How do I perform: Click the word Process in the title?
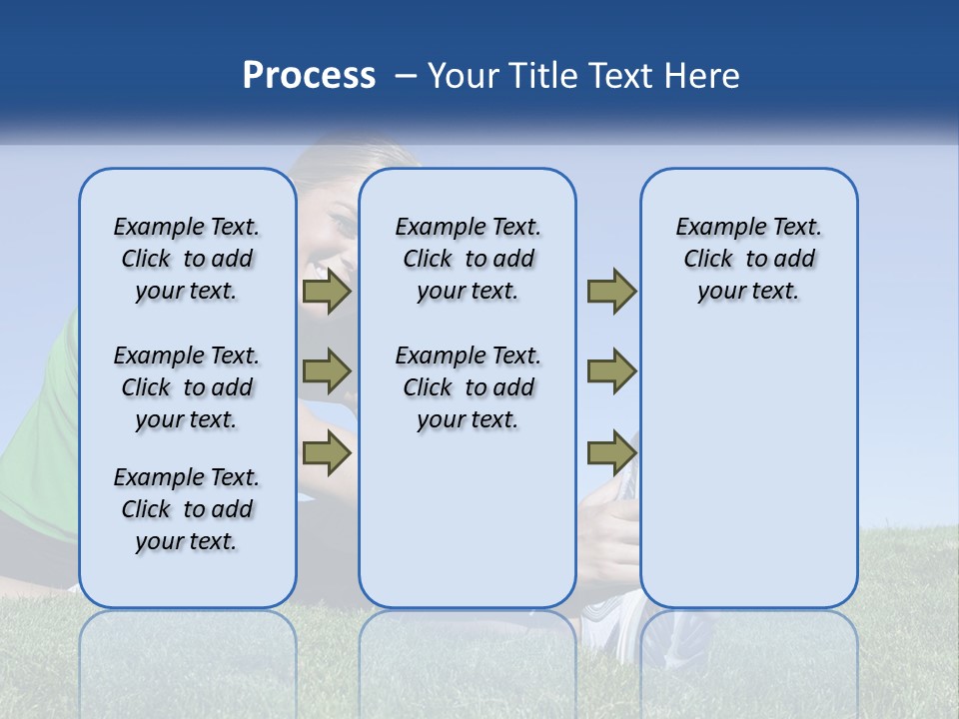coord(309,76)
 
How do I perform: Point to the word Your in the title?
coord(465,76)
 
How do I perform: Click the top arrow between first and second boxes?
coord(327,292)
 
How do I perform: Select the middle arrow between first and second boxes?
coord(327,371)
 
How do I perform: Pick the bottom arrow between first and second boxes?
coord(327,454)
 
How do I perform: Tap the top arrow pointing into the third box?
coord(611,292)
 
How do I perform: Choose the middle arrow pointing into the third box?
coord(611,371)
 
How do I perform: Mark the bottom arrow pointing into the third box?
coord(611,454)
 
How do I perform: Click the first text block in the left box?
coord(187,259)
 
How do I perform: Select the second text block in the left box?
coord(187,387)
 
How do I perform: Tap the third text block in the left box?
coord(187,509)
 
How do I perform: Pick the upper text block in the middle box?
coord(468,259)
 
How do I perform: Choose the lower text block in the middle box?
coord(468,387)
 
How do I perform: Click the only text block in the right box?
coord(748,259)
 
